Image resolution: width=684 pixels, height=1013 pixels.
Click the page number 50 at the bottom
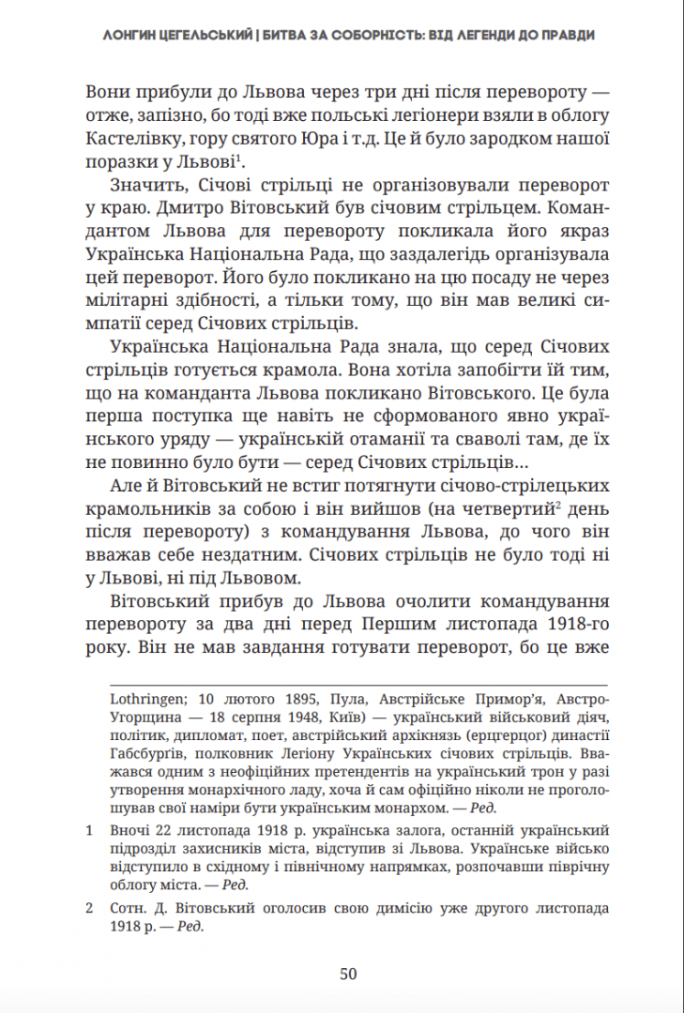348,974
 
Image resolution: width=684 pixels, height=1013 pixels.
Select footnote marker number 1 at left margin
90,831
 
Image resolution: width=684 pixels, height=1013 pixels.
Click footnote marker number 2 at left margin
90,909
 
